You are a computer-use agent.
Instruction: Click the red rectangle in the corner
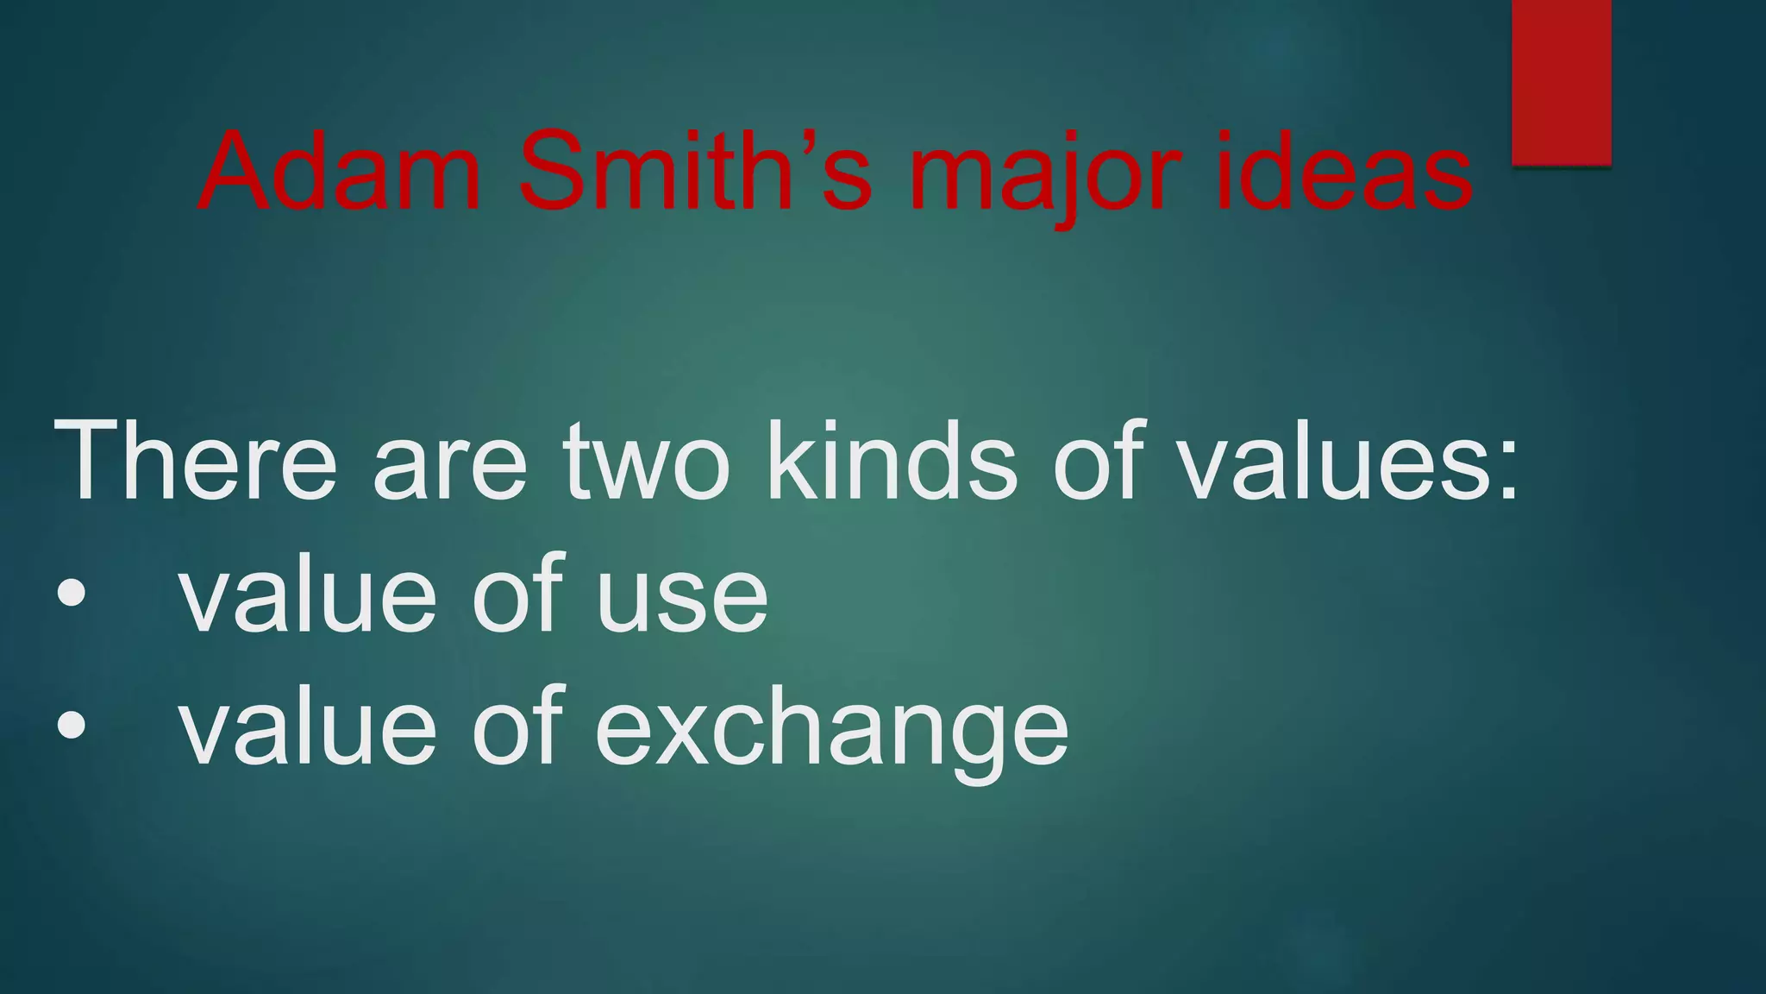[1562, 82]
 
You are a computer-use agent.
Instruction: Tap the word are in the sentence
[449, 470]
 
